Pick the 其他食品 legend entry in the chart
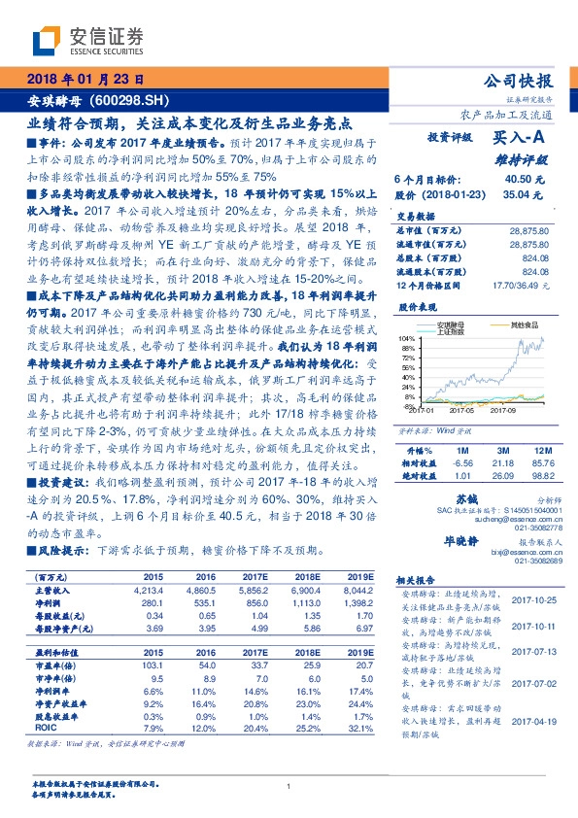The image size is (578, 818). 524,324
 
